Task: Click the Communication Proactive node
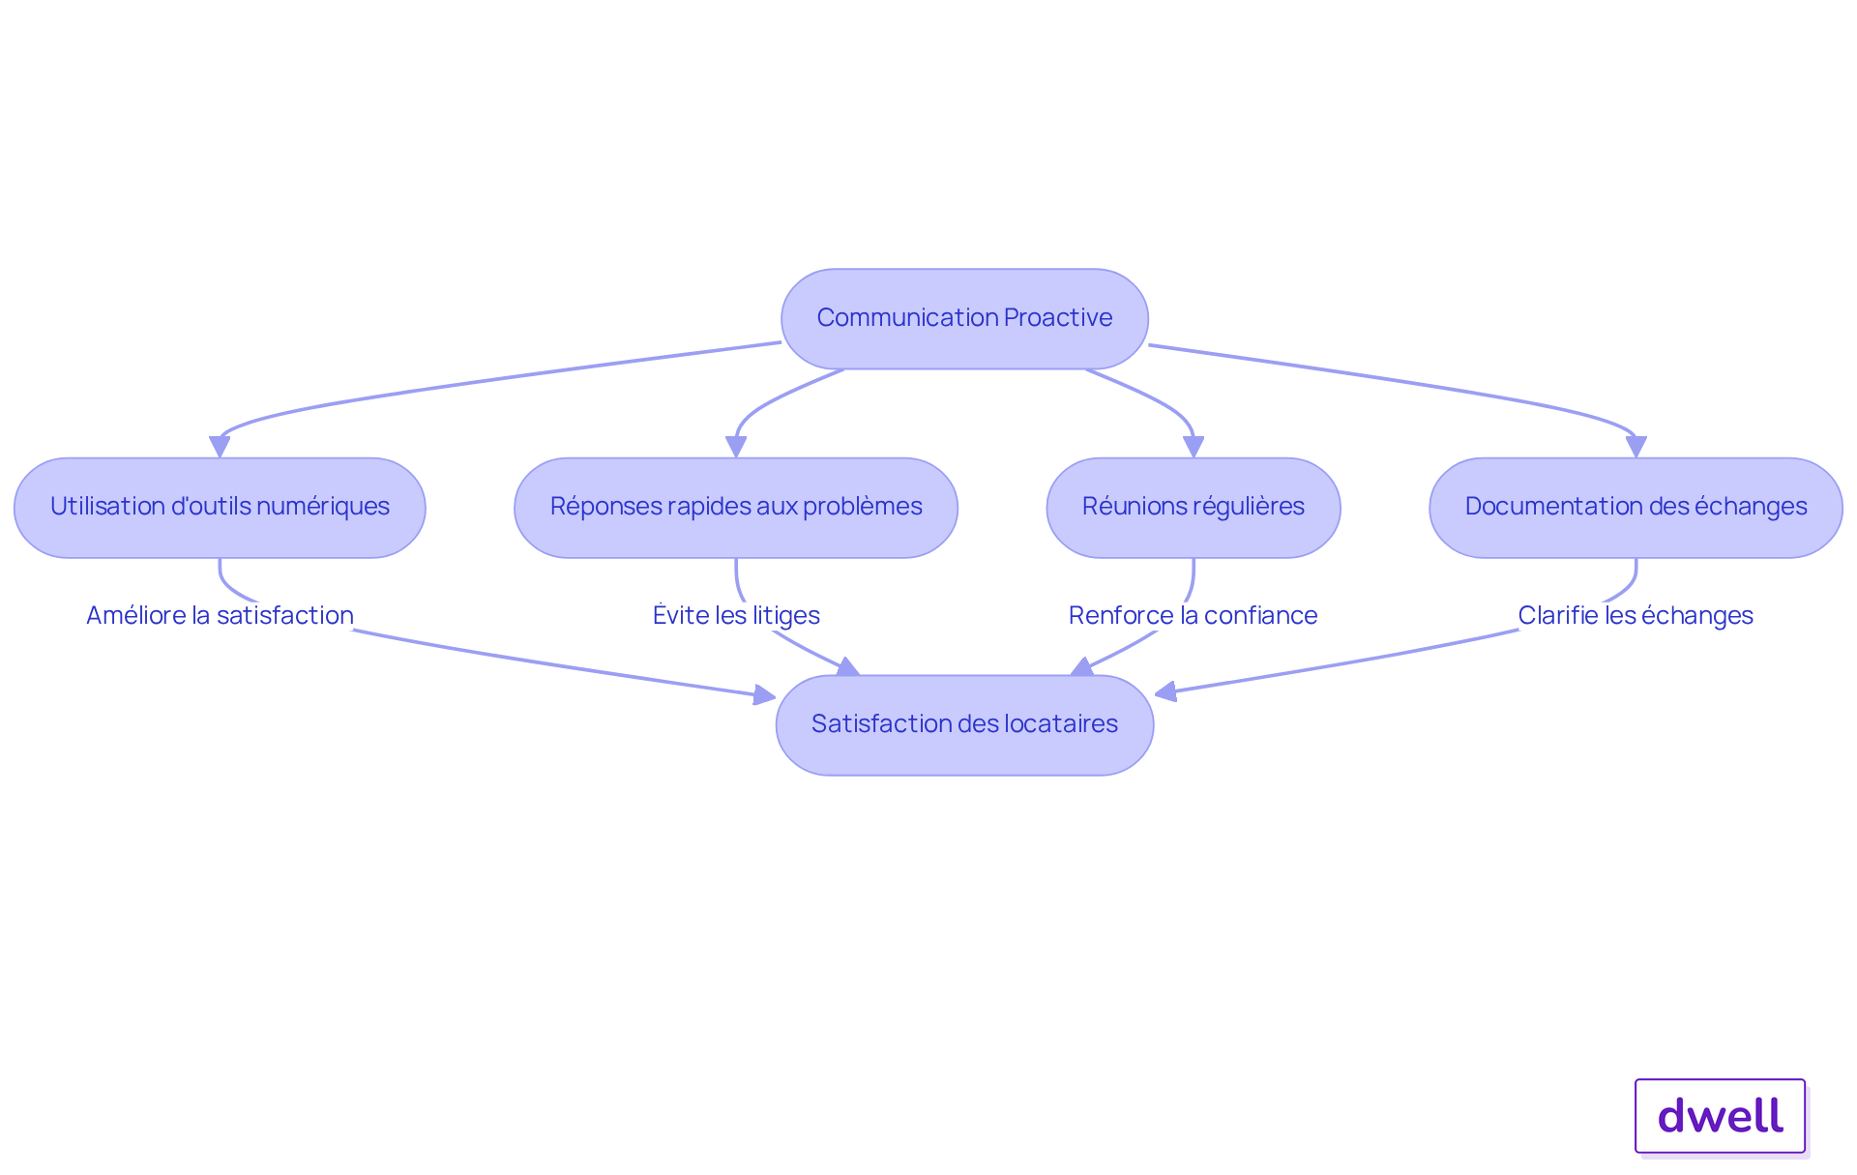pyautogui.click(x=964, y=318)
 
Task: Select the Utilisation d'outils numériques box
pyautogui.click(x=220, y=508)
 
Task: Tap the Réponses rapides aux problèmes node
pyautogui.click(x=736, y=508)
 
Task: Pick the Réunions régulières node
pyautogui.click(x=1194, y=508)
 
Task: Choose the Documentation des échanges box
pyautogui.click(x=1636, y=508)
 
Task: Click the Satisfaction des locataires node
pyautogui.click(x=964, y=725)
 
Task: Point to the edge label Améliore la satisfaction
pyautogui.click(x=221, y=615)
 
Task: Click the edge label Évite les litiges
pyautogui.click(x=736, y=615)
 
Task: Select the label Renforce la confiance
pyautogui.click(x=1193, y=615)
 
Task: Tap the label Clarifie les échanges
pyautogui.click(x=1636, y=615)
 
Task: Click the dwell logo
pyautogui.click(x=1720, y=1116)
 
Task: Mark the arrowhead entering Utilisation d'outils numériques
pyautogui.click(x=220, y=447)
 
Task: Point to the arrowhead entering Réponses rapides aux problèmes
pyautogui.click(x=736, y=447)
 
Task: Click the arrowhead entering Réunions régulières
pyautogui.click(x=1194, y=447)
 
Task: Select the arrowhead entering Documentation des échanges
pyautogui.click(x=1636, y=447)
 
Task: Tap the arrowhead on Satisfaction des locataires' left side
pyautogui.click(x=765, y=694)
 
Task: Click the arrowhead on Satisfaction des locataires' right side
pyautogui.click(x=1165, y=690)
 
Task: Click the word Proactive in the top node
pyautogui.click(x=1058, y=317)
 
